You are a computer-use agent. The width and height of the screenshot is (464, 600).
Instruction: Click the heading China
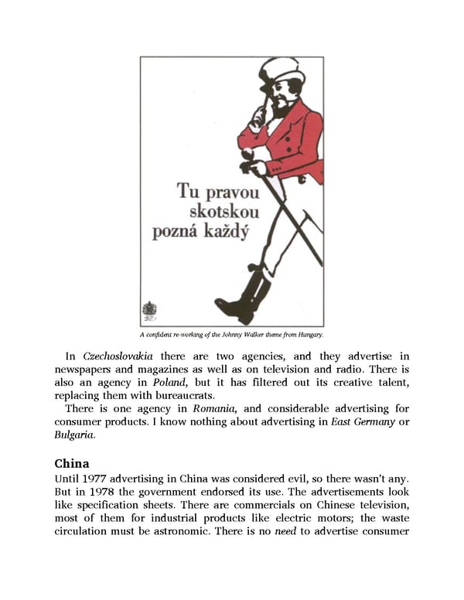(71, 464)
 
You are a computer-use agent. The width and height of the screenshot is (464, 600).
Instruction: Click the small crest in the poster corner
(149, 311)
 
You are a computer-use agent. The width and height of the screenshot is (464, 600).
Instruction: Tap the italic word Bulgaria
(73, 435)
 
